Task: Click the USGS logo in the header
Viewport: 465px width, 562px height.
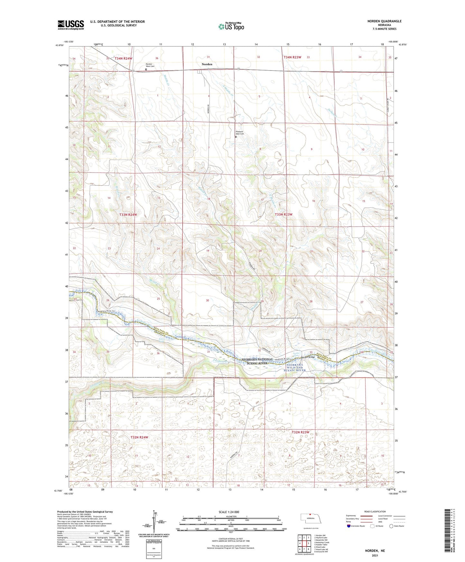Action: [71, 25]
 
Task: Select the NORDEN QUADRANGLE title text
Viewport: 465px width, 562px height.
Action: [384, 21]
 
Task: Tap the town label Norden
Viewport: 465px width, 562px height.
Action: [207, 64]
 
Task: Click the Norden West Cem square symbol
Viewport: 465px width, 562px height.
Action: [146, 69]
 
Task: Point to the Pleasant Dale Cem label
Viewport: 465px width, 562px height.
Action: [239, 133]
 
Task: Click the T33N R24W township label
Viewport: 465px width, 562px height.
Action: [128, 214]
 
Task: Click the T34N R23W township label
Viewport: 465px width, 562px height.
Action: [292, 57]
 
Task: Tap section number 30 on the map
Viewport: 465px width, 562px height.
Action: [208, 300]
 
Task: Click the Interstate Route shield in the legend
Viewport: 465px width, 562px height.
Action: [349, 526]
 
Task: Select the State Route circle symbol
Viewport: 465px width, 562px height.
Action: [391, 526]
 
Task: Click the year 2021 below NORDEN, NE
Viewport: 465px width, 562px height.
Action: [375, 556]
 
